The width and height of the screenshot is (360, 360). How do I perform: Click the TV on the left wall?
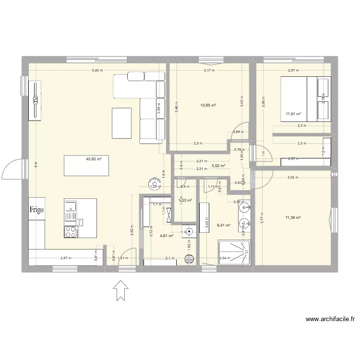36,100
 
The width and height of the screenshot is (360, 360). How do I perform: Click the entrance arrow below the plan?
120,291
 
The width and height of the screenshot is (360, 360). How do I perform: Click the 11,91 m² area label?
293,114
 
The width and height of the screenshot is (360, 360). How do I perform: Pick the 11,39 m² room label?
292,218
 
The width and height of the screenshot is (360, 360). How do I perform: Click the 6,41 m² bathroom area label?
224,225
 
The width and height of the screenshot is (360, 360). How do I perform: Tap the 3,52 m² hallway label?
219,166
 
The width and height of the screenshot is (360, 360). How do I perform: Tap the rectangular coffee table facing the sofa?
121,123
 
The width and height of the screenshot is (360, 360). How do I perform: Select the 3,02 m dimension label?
293,178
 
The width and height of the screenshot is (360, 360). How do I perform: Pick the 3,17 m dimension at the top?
209,71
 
